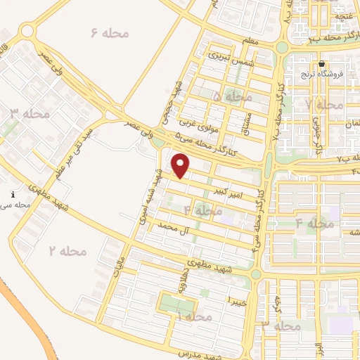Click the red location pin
click(x=181, y=166)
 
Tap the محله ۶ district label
click(x=109, y=32)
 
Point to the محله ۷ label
click(x=324, y=104)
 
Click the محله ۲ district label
click(x=67, y=251)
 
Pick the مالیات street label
click(x=117, y=265)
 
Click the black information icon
click(x=12, y=193)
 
